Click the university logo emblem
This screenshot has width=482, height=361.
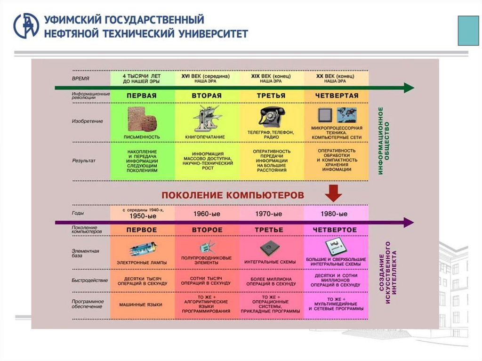26,25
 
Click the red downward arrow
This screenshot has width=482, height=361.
334,192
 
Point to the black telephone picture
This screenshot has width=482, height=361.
273,116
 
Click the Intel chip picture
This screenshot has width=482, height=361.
333,247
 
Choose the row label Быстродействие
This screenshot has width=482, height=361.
90,281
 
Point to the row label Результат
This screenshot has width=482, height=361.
84,161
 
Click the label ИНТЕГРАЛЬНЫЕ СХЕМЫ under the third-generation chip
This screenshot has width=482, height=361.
270,262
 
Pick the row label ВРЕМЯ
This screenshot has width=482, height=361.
81,79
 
